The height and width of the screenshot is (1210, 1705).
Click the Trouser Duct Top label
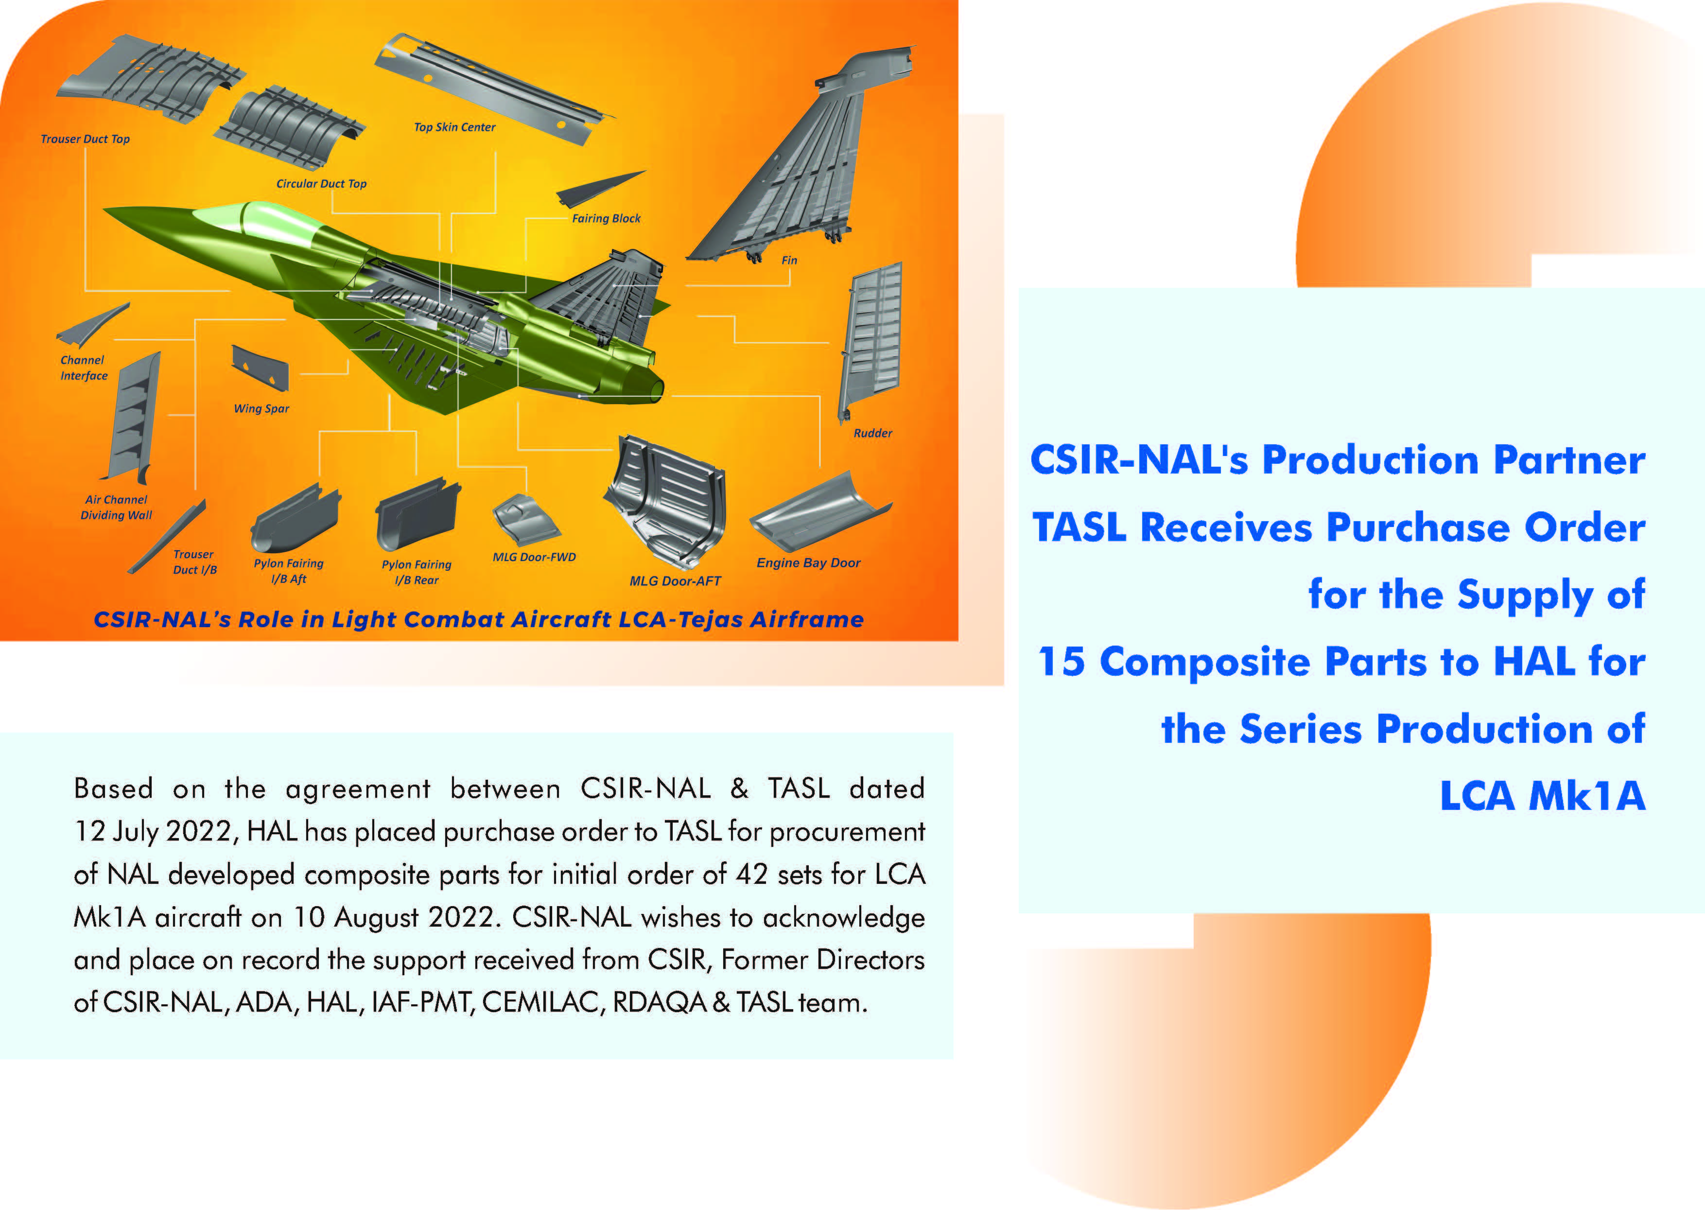[85, 140]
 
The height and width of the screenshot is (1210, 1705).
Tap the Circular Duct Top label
[321, 184]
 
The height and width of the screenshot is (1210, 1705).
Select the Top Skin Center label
[454, 127]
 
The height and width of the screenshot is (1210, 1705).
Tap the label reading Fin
[789, 261]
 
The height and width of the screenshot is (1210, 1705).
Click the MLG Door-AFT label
[675, 581]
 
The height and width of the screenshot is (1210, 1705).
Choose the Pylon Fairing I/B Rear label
[417, 572]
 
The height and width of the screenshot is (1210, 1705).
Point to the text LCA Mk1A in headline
[1541, 796]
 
